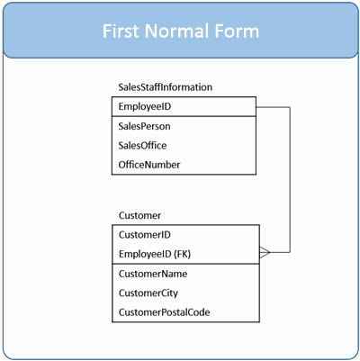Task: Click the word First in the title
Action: tap(121, 31)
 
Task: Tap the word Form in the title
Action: tap(237, 31)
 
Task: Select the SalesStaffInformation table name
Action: tap(166, 87)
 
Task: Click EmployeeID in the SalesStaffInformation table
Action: tap(145, 106)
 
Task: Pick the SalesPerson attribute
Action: tap(144, 126)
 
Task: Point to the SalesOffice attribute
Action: tap(142, 146)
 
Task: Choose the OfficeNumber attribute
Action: tap(149, 165)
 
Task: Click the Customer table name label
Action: tap(139, 215)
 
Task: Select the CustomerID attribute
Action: tap(145, 235)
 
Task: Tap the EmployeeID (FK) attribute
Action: tap(155, 254)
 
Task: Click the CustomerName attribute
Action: tap(153, 274)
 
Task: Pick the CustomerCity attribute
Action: tap(148, 293)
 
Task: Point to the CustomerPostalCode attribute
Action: tap(165, 312)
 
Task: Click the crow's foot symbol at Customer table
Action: tap(265, 252)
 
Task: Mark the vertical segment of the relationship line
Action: tap(290, 180)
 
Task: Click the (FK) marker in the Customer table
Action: tap(183, 254)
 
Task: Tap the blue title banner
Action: tap(181, 31)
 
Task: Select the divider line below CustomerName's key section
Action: tap(185, 264)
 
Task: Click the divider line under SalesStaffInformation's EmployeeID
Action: tap(184, 116)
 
